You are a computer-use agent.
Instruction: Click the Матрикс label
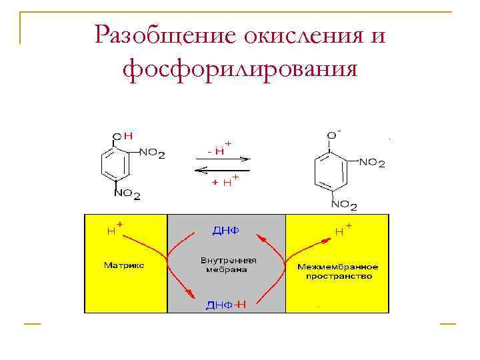[x=124, y=266]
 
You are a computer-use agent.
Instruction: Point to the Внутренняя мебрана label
[x=224, y=265]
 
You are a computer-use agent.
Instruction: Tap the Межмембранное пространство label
[x=337, y=271]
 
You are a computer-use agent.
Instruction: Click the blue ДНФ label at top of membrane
[x=225, y=231]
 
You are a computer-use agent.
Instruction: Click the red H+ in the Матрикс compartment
[x=115, y=229]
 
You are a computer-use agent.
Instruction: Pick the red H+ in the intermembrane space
[x=343, y=230]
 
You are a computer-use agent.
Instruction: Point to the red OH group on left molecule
[x=123, y=136]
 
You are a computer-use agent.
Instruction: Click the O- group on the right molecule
[x=333, y=135]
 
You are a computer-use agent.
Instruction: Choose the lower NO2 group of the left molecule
[x=127, y=194]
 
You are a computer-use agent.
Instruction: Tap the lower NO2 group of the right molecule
[x=344, y=204]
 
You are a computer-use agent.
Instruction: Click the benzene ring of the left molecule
[x=115, y=164]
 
